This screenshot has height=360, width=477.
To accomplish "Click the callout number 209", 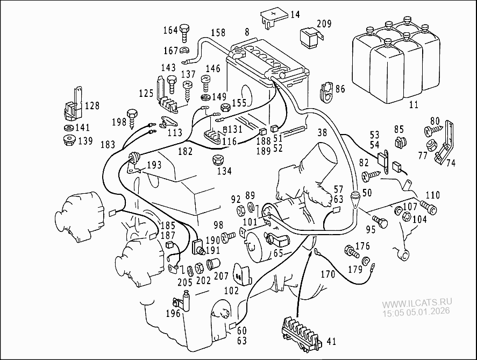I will click(x=324, y=24).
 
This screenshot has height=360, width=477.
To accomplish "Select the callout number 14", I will click(x=295, y=15).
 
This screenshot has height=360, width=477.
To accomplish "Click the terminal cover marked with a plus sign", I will click(x=273, y=17).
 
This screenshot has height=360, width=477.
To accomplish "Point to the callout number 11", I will click(x=413, y=105).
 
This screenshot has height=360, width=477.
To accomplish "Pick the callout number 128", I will click(x=92, y=105).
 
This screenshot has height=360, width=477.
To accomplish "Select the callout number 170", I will click(x=328, y=274).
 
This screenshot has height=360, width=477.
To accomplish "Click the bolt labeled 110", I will click(x=429, y=206).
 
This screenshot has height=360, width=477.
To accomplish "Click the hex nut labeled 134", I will click(x=218, y=160).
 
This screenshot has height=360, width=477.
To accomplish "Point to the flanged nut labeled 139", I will click(x=68, y=141).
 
